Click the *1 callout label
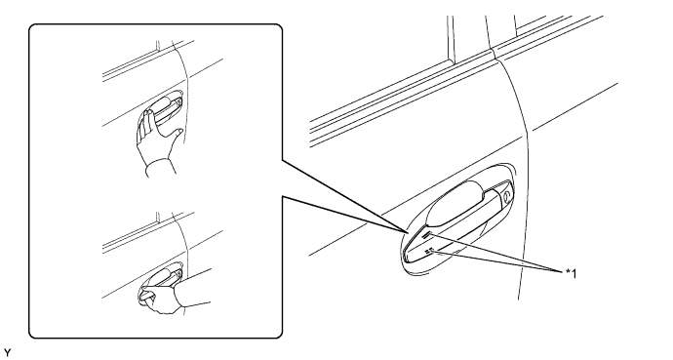coord(571,273)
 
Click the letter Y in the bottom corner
coord(7,353)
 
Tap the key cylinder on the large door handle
coord(507,196)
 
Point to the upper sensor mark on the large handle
coord(427,234)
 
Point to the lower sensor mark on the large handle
coord(429,252)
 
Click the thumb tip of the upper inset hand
coord(180,131)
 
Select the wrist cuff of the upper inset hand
coord(161,168)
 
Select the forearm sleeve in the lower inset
coord(193,291)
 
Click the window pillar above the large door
coord(451,40)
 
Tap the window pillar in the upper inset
coord(157,46)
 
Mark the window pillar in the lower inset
coord(157,218)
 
